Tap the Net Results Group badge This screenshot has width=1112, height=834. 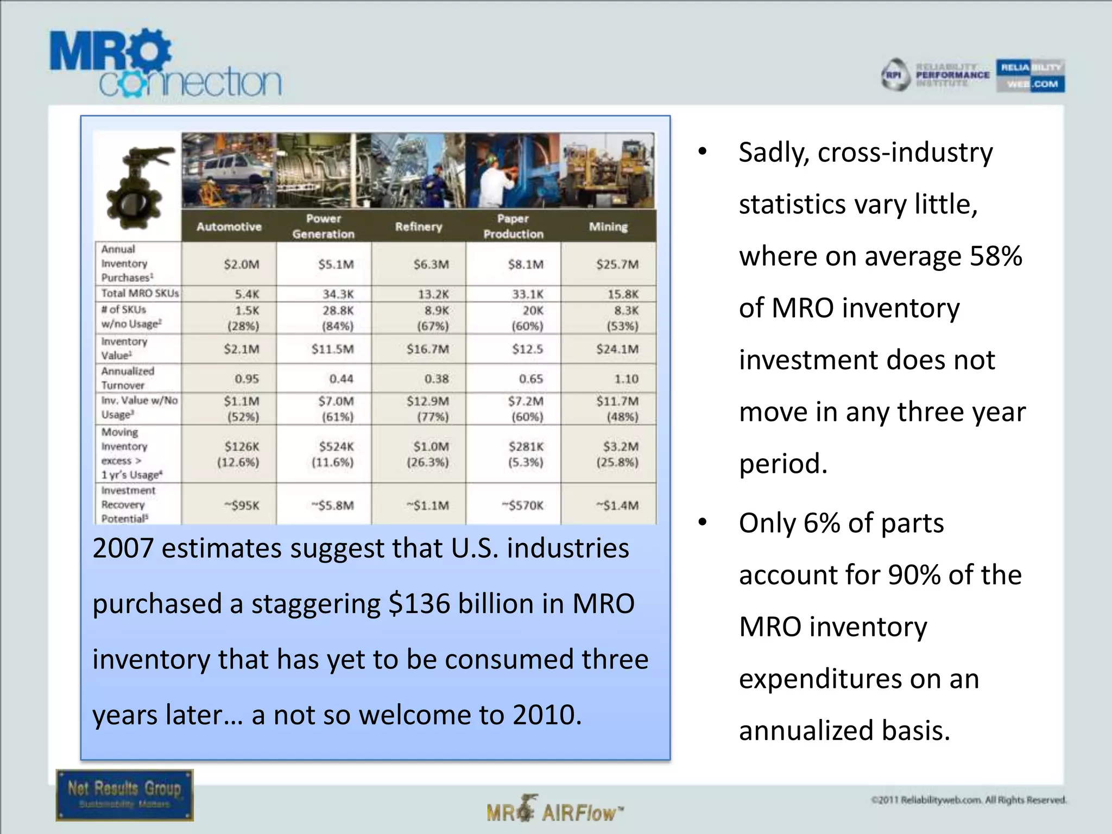(x=124, y=795)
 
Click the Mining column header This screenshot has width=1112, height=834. (x=608, y=226)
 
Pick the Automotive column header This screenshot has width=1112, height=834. (x=229, y=226)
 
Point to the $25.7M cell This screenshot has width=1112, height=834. (x=617, y=264)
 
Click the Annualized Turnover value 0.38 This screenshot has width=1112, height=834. (x=437, y=378)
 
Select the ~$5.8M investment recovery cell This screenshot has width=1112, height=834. (x=333, y=506)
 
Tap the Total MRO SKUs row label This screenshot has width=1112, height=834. (x=140, y=293)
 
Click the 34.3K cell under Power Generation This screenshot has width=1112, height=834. (x=338, y=294)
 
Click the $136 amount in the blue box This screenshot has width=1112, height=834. (x=419, y=604)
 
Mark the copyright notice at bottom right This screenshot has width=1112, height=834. (x=969, y=800)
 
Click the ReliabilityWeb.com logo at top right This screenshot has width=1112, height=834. (x=1030, y=75)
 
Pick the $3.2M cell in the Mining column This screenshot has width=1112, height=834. (x=621, y=446)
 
